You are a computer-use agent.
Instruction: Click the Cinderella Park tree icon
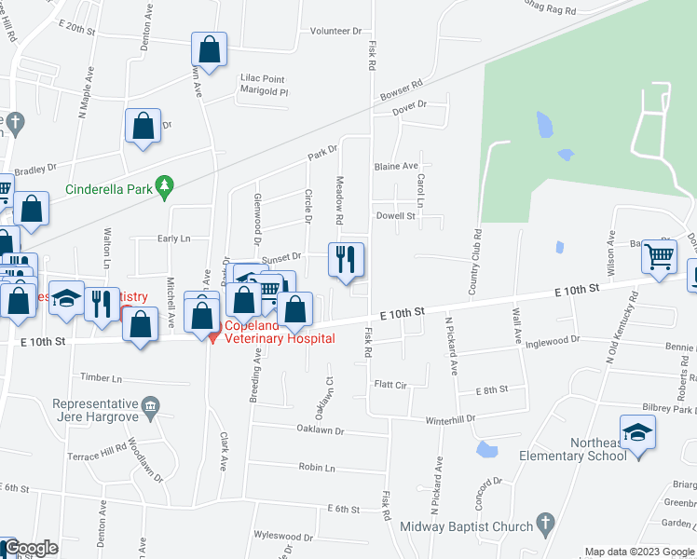click(x=165, y=188)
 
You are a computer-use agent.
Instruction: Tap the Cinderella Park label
click(x=108, y=189)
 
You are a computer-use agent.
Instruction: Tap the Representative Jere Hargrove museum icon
click(x=149, y=406)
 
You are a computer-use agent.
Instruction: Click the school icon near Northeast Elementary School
click(x=637, y=432)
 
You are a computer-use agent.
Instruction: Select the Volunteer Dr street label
click(x=335, y=31)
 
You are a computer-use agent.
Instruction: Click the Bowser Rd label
click(x=402, y=90)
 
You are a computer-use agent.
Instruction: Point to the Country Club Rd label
click(x=474, y=264)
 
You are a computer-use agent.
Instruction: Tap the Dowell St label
click(x=395, y=216)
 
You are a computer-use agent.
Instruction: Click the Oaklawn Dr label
click(x=321, y=431)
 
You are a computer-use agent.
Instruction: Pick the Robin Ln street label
click(x=317, y=468)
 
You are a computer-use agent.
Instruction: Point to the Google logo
click(x=30, y=549)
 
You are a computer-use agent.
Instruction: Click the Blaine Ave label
click(x=395, y=166)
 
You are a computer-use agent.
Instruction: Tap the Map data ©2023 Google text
click(x=638, y=552)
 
